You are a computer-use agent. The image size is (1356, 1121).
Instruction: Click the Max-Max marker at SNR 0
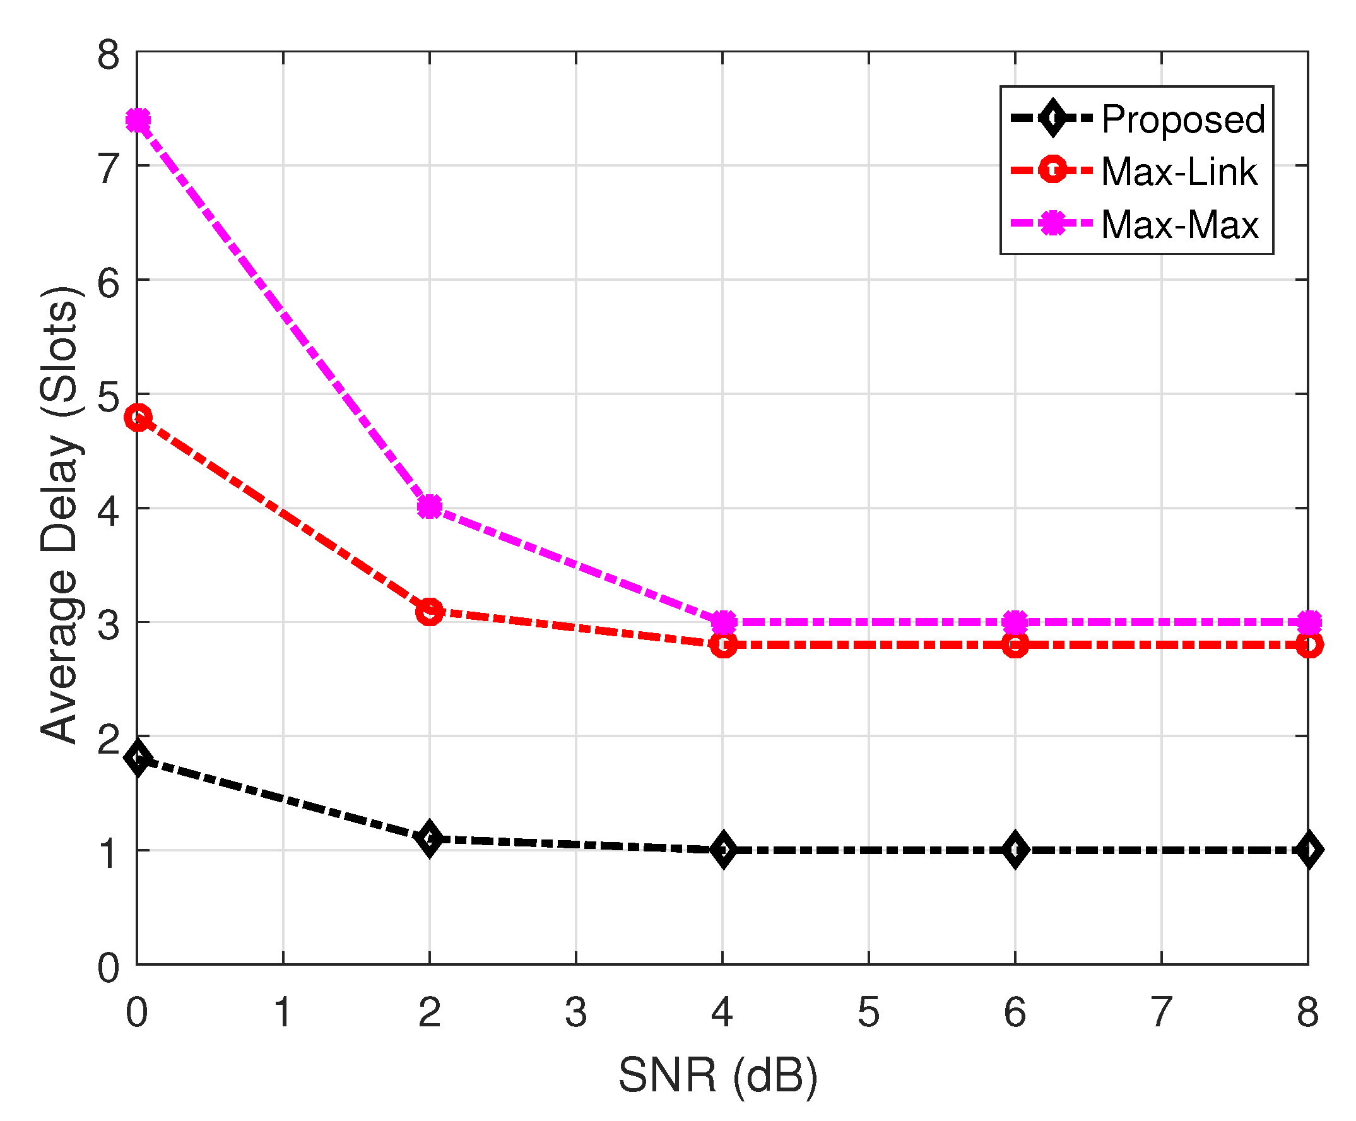click(x=138, y=120)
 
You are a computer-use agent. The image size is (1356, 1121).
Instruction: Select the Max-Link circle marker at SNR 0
click(x=138, y=418)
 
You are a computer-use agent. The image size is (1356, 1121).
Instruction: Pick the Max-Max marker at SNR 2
click(x=429, y=507)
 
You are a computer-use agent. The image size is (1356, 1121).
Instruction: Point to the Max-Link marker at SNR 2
click(x=429, y=610)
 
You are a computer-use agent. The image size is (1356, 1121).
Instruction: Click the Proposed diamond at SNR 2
click(x=429, y=838)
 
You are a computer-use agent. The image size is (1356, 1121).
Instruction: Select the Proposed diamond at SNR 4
click(x=723, y=850)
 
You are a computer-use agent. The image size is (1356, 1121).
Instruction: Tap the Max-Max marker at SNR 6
click(x=1015, y=622)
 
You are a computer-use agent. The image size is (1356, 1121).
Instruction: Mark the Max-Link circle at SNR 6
click(x=1015, y=644)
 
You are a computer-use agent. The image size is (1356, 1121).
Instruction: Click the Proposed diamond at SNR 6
click(x=1015, y=850)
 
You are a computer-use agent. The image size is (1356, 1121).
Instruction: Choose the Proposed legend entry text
click(x=1182, y=119)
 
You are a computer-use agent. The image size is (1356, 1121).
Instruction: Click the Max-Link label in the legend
click(x=1179, y=172)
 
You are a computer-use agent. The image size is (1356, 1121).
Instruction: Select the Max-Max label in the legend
click(x=1179, y=225)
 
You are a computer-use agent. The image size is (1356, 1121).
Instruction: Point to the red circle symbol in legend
click(x=1052, y=170)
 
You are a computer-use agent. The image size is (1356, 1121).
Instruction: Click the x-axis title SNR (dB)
click(x=717, y=1075)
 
